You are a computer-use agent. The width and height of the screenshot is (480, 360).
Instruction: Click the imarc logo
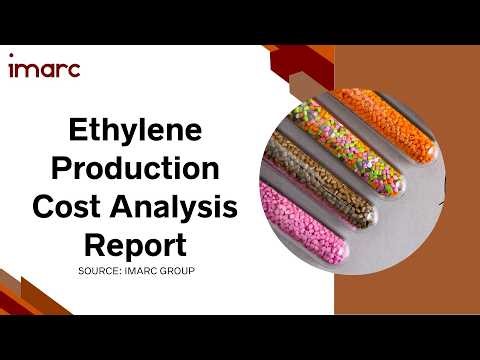44,69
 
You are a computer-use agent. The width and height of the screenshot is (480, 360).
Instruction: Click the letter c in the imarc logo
73,70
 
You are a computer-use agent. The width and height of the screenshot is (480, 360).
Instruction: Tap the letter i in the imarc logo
12,68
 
